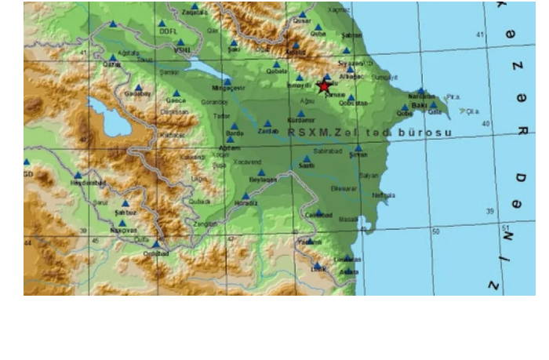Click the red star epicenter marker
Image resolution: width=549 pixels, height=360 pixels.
pos(325,86)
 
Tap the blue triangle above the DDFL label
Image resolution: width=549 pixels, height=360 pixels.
pos(164,23)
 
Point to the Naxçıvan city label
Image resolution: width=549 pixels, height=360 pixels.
pos(123,221)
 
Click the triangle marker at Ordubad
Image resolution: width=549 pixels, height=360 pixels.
pos(155,244)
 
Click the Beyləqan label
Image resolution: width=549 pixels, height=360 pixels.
pos(264,180)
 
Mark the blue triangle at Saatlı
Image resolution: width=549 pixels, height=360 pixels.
pos(307,158)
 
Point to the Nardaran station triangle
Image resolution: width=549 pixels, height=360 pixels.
pos(421,90)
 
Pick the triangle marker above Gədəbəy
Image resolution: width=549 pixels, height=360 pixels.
pos(138,88)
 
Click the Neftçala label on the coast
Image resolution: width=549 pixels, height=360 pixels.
pos(384,195)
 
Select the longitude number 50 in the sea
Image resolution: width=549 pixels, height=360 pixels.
pos(436,232)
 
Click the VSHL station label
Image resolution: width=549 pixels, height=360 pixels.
pos(182,51)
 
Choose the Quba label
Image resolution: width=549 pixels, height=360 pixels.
pos(318,34)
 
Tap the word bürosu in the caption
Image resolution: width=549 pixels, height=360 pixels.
pos(425,133)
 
